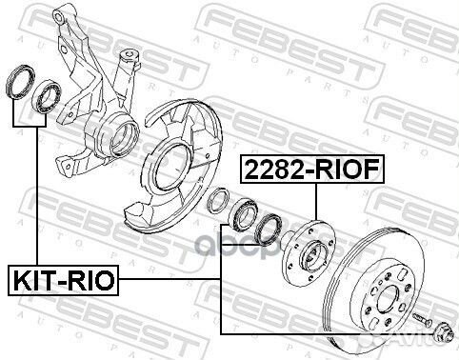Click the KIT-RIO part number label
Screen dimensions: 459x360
[63, 280]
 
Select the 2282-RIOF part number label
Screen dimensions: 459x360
[312, 170]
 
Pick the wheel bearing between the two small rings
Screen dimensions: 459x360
[243, 214]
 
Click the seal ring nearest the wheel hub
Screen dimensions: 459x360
[269, 230]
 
